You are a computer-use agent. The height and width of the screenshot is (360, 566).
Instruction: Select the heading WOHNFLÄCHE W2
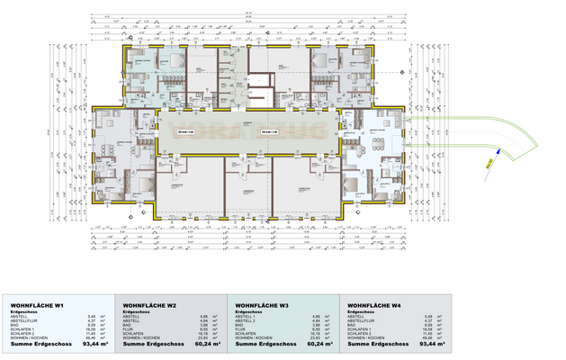coord(149,306)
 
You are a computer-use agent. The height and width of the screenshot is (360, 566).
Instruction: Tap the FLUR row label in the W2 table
coord(127,329)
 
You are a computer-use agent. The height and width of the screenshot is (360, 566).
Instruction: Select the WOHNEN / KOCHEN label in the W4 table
coord(362,337)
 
